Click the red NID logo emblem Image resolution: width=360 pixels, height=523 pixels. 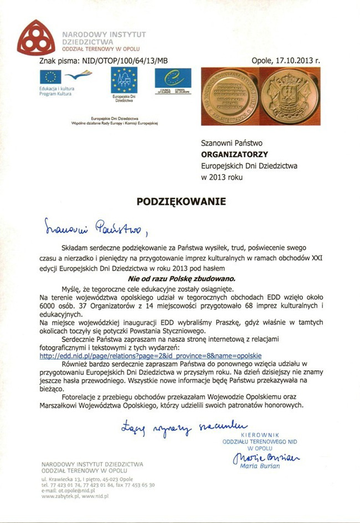click(x=37, y=37)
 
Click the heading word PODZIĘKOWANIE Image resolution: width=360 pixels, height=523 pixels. click(x=181, y=202)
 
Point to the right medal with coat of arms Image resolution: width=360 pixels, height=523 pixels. click(x=287, y=96)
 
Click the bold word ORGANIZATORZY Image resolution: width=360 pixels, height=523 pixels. click(x=234, y=155)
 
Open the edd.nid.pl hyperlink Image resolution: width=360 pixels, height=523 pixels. click(x=151, y=356)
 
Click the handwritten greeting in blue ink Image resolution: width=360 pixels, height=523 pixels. click(x=95, y=227)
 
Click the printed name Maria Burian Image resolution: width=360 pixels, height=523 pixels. click(x=260, y=466)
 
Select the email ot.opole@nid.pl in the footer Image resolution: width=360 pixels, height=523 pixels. click(x=72, y=490)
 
